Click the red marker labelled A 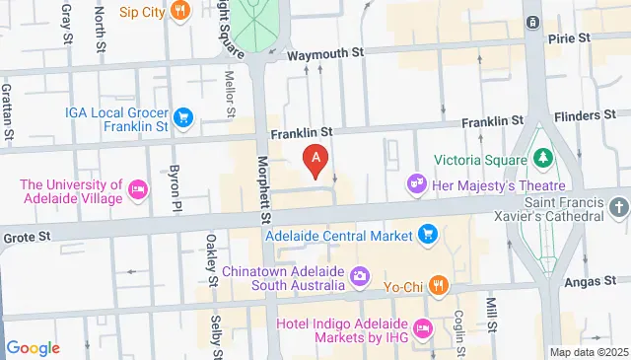tap(315, 158)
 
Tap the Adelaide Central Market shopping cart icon tap(428, 234)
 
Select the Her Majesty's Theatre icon tap(417, 183)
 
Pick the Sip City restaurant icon tap(179, 12)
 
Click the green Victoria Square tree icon tap(541, 158)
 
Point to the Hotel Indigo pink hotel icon tap(424, 327)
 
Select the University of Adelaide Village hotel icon tap(138, 190)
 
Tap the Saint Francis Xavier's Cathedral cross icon tap(618, 207)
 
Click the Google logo tap(33, 348)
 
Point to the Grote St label tap(23, 238)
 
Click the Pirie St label tap(569, 37)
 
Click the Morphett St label tap(263, 187)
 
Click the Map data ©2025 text tap(589, 352)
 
